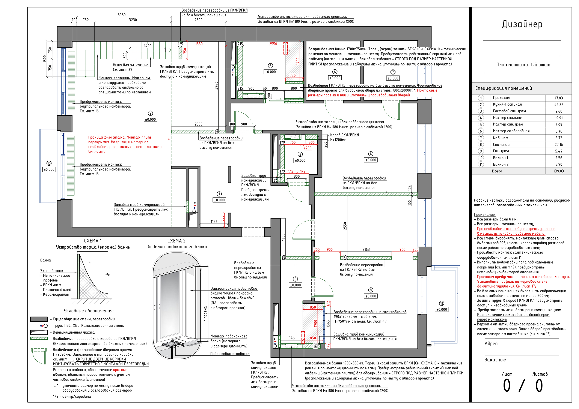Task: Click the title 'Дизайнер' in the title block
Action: [x=522, y=24]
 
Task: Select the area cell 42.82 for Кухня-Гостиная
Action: [x=559, y=105]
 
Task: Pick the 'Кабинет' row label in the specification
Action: [x=500, y=138]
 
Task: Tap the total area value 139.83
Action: [x=559, y=171]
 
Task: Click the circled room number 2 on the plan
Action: [x=150, y=113]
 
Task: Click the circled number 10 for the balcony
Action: [x=49, y=163]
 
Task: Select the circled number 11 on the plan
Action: [x=442, y=303]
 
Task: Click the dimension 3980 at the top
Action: [x=122, y=15]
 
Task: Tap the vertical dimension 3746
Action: [x=216, y=85]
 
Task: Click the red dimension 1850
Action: [x=199, y=44]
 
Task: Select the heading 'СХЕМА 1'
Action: [x=93, y=241]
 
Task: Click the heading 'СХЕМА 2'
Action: [x=176, y=241]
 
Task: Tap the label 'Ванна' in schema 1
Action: [x=45, y=260]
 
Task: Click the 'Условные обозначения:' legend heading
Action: [x=89, y=311]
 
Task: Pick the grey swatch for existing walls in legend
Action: [x=39, y=319]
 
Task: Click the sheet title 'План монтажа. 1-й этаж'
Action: [x=523, y=65]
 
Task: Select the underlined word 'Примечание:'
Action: [x=484, y=214]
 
